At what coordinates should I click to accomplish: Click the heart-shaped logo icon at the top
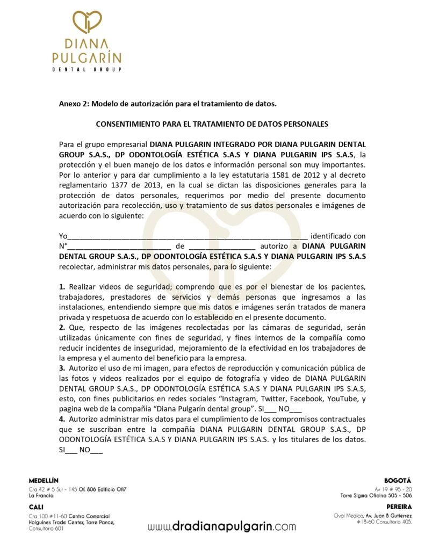click(x=87, y=21)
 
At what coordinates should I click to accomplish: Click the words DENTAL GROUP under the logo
click(x=87, y=69)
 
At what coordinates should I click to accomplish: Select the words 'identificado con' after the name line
click(x=338, y=236)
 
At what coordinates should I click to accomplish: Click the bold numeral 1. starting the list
click(x=62, y=287)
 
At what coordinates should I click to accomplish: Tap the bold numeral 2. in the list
click(x=62, y=328)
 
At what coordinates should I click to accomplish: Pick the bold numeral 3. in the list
click(x=62, y=368)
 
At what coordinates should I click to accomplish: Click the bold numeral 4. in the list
click(x=62, y=418)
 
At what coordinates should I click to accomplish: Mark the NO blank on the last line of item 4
click(x=97, y=450)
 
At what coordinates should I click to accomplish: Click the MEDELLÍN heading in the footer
click(x=44, y=480)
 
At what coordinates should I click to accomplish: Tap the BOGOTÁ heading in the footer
click(x=398, y=480)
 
